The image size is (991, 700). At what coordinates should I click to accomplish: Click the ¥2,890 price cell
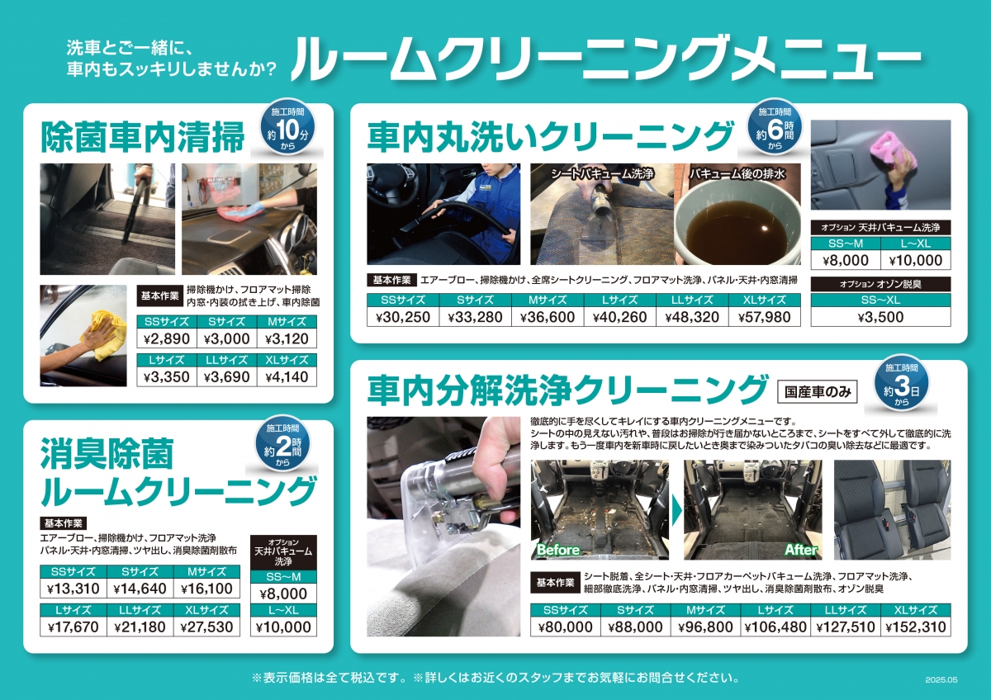(167, 338)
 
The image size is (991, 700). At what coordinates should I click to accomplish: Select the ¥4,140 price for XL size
(287, 376)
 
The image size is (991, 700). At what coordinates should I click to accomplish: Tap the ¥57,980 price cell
(764, 317)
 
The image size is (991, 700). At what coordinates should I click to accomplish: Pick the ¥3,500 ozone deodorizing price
(880, 317)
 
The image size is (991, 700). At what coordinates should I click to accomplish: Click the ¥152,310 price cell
(915, 627)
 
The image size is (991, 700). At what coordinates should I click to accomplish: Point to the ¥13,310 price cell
(73, 589)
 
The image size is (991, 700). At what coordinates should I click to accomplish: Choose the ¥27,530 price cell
(206, 627)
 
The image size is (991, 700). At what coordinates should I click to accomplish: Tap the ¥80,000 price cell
(566, 627)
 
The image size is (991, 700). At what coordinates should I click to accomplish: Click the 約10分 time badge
(287, 126)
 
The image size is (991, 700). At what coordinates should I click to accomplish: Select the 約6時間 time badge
(775, 127)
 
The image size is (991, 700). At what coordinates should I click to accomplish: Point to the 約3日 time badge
(902, 383)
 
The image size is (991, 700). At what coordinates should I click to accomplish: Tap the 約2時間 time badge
(282, 443)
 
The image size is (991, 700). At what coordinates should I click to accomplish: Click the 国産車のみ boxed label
(817, 392)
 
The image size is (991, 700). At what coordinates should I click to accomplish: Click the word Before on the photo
(558, 550)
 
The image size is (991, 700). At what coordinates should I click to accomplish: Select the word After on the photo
(801, 550)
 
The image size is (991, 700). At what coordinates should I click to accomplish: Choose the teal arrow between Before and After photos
(676, 511)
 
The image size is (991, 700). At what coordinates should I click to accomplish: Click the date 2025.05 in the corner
(941, 679)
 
